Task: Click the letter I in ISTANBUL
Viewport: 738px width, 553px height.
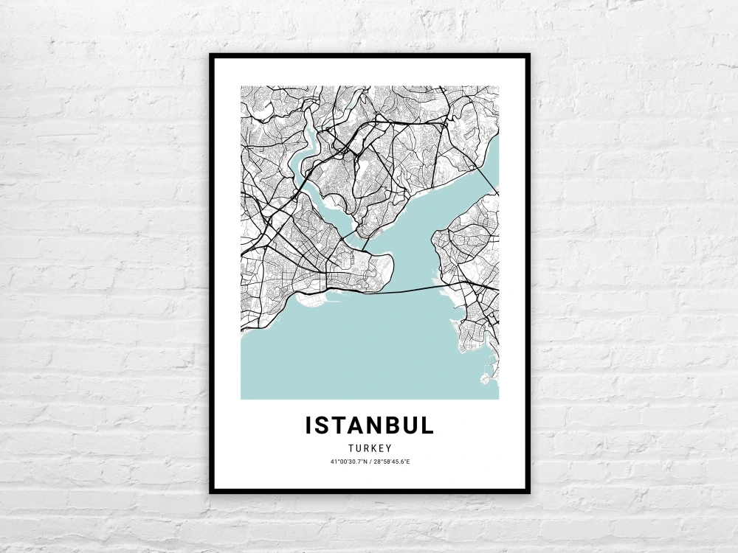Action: tap(308, 425)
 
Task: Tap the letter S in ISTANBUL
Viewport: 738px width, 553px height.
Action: tap(323, 425)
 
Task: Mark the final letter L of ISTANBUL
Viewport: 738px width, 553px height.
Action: tap(429, 425)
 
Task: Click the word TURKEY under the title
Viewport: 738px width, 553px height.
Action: tap(370, 448)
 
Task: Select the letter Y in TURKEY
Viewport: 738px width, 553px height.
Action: tap(388, 448)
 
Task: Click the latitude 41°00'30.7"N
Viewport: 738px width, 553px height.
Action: tap(347, 462)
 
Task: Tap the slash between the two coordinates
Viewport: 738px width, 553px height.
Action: tap(369, 462)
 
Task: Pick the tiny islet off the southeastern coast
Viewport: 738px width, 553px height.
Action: tap(485, 380)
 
